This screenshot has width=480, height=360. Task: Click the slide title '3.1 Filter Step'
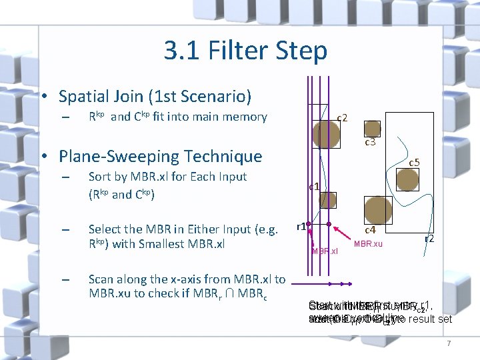pyautogui.click(x=245, y=51)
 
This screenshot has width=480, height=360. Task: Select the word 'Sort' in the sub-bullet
pyautogui.click(x=100, y=177)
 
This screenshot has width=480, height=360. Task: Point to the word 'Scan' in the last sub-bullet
pyautogui.click(x=101, y=279)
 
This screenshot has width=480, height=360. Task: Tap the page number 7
pyautogui.click(x=449, y=343)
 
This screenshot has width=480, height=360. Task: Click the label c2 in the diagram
pyautogui.click(x=343, y=118)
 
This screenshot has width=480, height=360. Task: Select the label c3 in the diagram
pyautogui.click(x=370, y=142)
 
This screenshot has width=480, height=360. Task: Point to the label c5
pyautogui.click(x=414, y=162)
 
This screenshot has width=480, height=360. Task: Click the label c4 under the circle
pyautogui.click(x=370, y=230)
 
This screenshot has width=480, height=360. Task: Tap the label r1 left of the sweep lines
pyautogui.click(x=301, y=226)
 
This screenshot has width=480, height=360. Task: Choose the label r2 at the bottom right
pyautogui.click(x=430, y=238)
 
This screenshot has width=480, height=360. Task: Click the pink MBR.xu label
pyautogui.click(x=368, y=244)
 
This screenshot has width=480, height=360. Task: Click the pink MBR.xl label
pyautogui.click(x=325, y=251)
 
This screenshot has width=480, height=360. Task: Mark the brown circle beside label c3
pyautogui.click(x=372, y=128)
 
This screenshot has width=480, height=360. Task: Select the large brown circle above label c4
pyautogui.click(x=377, y=208)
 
